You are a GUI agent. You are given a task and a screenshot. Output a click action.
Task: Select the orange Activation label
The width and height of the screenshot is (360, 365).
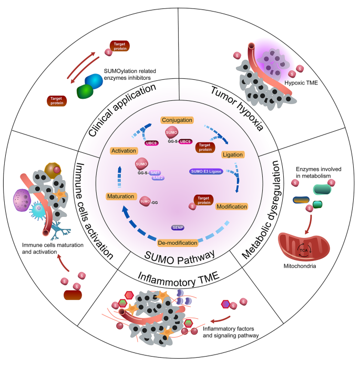[x=124, y=151]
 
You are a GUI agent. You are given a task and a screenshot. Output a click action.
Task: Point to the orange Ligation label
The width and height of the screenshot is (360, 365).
[x=232, y=156]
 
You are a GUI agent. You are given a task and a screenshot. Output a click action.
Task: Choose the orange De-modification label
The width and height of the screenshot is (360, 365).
[x=177, y=243]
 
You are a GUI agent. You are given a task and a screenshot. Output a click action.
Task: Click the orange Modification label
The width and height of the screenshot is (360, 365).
[x=231, y=206]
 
